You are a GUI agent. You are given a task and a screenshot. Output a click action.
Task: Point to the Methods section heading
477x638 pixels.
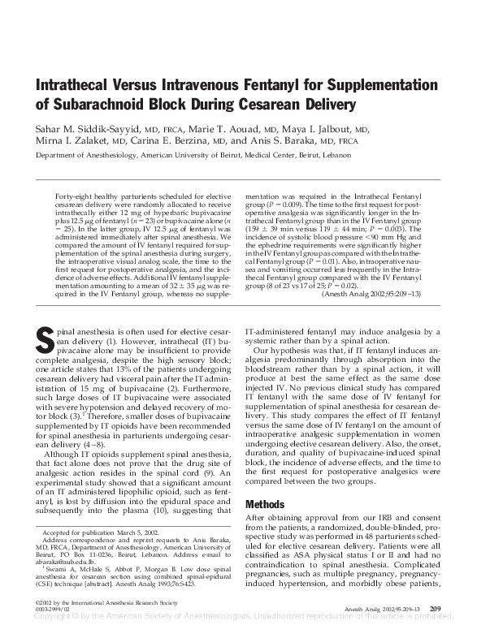[x=265, y=504]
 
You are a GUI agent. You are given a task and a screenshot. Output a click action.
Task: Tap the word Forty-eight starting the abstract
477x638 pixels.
[x=72, y=197]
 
